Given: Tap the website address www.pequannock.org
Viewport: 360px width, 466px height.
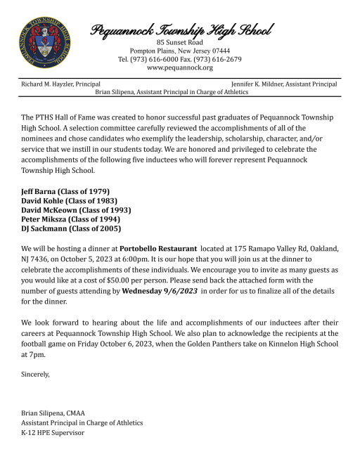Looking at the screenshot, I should pos(181,68).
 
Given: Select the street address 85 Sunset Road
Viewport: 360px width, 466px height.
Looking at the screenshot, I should pos(181,41).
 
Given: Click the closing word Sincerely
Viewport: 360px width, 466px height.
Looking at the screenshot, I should pos(37,375).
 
